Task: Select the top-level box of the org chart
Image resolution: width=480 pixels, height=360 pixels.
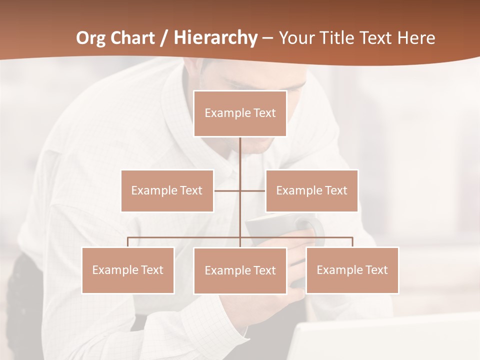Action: pos(240,113)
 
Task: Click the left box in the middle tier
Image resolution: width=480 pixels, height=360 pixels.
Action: pos(167,190)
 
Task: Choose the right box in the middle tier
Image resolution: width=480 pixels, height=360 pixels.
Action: pos(311,190)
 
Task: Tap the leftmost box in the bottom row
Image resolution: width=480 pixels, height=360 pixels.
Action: pos(128,270)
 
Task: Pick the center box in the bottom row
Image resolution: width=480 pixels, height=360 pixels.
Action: pos(240,270)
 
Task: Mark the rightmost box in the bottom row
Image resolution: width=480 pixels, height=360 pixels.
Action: pos(352,270)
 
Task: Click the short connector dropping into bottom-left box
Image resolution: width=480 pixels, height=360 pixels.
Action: pos(128,242)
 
